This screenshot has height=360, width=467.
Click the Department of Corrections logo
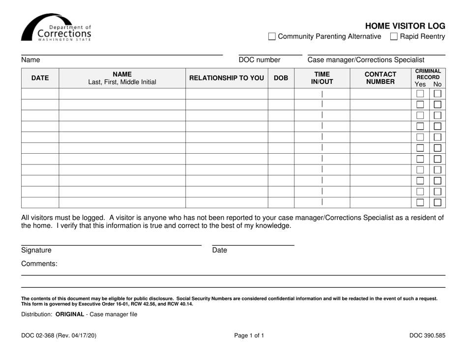point(56,28)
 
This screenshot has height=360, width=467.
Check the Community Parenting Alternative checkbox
point(272,36)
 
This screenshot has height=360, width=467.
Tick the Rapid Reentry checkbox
point(394,36)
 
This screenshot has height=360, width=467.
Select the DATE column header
point(40,77)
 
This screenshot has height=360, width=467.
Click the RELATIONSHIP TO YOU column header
point(227,77)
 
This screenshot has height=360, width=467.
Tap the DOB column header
point(281,77)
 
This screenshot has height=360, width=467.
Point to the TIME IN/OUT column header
point(322,77)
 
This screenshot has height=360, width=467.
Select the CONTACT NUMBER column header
point(380,77)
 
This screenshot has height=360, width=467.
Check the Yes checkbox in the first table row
point(420,94)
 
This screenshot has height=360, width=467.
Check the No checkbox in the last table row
point(437,202)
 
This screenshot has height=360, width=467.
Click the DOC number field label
point(259,60)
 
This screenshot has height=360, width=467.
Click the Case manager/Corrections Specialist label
point(366,60)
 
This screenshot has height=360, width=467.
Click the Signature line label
point(36,250)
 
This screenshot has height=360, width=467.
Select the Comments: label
point(39,264)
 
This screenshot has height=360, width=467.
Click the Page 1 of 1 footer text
point(249,336)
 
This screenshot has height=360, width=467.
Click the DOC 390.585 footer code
point(427,336)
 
